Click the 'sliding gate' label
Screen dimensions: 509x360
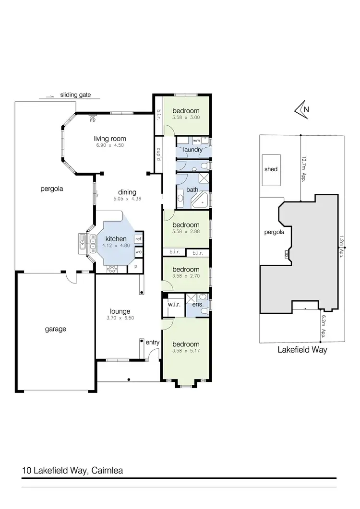tap(75, 95)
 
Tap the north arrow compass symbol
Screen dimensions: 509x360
tap(301, 109)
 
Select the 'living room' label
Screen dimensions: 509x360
tap(110, 139)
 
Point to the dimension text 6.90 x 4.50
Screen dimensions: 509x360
tap(110, 145)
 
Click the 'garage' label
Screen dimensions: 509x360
tap(56, 329)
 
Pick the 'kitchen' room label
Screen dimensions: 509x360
tap(116, 239)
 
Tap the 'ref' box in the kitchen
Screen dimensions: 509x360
tap(138, 238)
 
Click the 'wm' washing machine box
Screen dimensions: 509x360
tap(196, 141)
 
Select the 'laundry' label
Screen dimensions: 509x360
tap(191, 150)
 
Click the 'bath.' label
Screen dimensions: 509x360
tap(192, 190)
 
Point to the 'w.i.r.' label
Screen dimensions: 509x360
tap(174, 304)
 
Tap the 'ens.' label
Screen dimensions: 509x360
tap(198, 304)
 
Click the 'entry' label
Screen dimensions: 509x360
tap(153, 342)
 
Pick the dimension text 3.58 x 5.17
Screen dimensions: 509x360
tap(186, 351)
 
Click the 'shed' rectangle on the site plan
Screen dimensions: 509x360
tap(271, 169)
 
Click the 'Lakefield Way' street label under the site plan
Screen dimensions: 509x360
tap(302, 350)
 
